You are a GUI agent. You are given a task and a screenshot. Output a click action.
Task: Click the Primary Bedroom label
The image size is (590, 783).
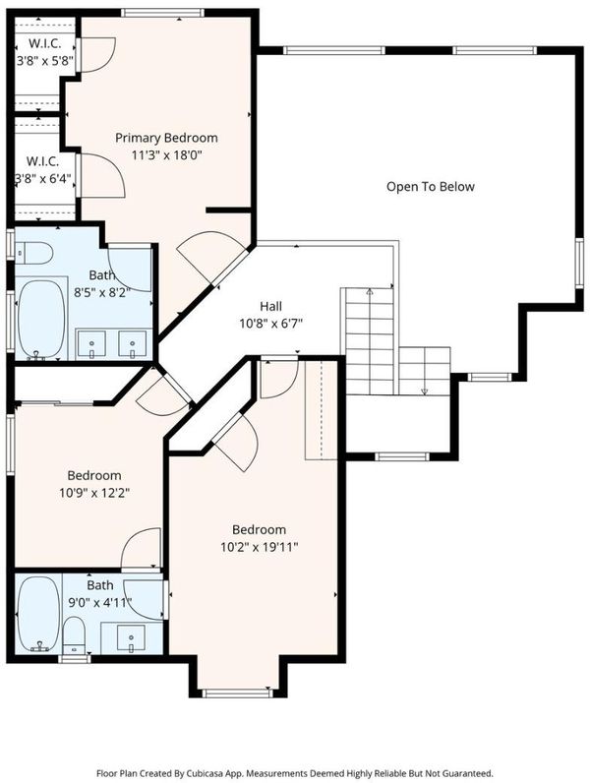pos(166,138)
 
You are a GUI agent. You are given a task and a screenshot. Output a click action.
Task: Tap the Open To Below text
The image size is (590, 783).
pos(431,187)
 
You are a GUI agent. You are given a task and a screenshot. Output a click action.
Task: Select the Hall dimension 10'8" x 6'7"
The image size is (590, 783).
pos(271,324)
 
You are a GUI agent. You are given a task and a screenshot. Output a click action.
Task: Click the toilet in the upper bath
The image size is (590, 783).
pos(34,253)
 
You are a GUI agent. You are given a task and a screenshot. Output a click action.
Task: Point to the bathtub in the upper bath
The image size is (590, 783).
pos(41,319)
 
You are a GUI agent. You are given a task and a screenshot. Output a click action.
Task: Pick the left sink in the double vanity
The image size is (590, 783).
pos(91,343)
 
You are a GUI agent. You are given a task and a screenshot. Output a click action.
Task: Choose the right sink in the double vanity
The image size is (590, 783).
pos(133,343)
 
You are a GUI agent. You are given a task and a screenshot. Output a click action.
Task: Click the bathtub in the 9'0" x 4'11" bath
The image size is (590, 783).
pos(38,614)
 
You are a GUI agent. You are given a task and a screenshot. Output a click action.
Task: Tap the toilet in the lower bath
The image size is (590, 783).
pos(75,634)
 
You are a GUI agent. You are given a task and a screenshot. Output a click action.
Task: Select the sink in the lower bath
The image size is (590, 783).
pos(131,638)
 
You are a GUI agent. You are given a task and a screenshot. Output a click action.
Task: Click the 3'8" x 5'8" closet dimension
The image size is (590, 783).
pos(45,61)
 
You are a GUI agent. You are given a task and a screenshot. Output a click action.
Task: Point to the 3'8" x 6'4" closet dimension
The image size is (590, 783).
pos(44,178)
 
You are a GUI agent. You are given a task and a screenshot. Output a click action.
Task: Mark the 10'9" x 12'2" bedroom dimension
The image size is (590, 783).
pos(94,493)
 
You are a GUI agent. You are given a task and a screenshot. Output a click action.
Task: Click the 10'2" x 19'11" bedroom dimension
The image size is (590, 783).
pos(259,547)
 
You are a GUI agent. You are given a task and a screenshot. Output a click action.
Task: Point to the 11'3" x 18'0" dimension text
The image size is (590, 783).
pos(166,155)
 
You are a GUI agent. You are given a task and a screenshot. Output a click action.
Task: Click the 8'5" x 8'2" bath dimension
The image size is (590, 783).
pos(102,292)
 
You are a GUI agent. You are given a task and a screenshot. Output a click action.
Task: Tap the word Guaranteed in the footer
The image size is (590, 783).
pos(472,773)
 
